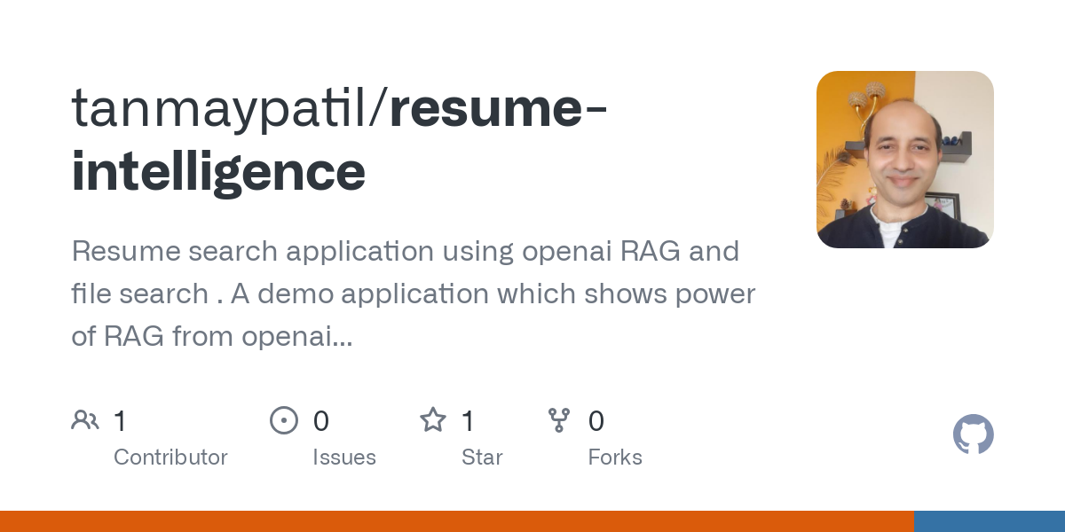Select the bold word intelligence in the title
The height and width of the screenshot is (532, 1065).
click(x=218, y=171)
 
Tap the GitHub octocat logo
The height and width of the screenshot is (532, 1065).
click(x=973, y=434)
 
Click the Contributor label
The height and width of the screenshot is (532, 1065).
click(x=170, y=458)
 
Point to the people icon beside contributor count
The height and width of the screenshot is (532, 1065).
click(x=85, y=420)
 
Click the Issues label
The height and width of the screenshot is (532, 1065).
click(x=344, y=458)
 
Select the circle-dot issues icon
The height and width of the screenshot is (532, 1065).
click(x=284, y=420)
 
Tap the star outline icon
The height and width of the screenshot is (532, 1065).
click(x=433, y=420)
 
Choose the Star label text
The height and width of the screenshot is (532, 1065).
click(x=482, y=458)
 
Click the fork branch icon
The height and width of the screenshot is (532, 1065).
click(x=559, y=420)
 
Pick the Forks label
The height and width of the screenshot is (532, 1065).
click(x=615, y=458)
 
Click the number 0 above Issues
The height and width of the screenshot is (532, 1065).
click(x=321, y=421)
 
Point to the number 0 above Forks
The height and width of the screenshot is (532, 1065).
click(x=596, y=421)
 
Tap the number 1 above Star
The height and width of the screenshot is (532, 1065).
click(x=469, y=421)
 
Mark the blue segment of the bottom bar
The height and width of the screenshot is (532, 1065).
click(x=989, y=521)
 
